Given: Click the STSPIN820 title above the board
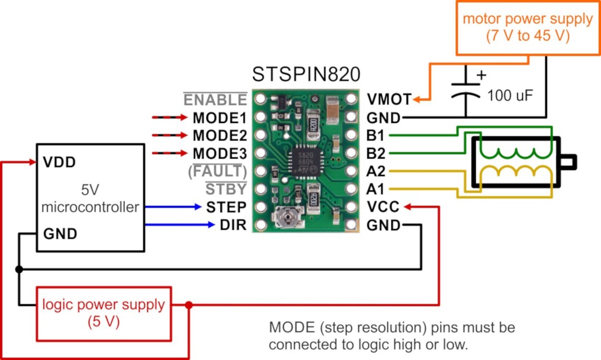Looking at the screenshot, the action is pyautogui.click(x=306, y=74).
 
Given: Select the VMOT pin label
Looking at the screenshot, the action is pyautogui.click(x=389, y=99).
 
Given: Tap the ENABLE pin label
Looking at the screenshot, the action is pyautogui.click(x=215, y=100).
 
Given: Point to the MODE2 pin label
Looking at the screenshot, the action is pyautogui.click(x=220, y=135).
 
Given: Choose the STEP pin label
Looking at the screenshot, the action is pyautogui.click(x=226, y=207).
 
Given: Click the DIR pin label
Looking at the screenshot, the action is pyautogui.click(x=233, y=225).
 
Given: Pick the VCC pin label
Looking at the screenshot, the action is pyautogui.click(x=383, y=207).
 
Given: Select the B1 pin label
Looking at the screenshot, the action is pyautogui.click(x=375, y=135).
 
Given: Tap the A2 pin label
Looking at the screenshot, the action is pyautogui.click(x=376, y=171).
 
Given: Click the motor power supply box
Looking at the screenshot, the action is pyautogui.click(x=528, y=28).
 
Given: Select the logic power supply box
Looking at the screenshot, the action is pyautogui.click(x=104, y=314).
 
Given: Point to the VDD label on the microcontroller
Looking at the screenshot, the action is pyautogui.click(x=59, y=162).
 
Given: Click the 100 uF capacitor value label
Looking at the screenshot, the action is pyautogui.click(x=510, y=96).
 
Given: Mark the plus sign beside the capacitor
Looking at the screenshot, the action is pyautogui.click(x=481, y=75).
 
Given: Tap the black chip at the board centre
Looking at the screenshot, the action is pyautogui.click(x=306, y=162).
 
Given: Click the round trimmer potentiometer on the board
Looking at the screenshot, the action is pyautogui.click(x=287, y=218).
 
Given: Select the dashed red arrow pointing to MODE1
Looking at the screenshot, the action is pyautogui.click(x=169, y=117).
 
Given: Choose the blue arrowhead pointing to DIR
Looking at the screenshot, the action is pyautogui.click(x=211, y=225).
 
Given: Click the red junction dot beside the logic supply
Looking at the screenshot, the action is pyautogui.click(x=189, y=305).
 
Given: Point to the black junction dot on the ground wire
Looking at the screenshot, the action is pyautogui.click(x=19, y=269).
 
